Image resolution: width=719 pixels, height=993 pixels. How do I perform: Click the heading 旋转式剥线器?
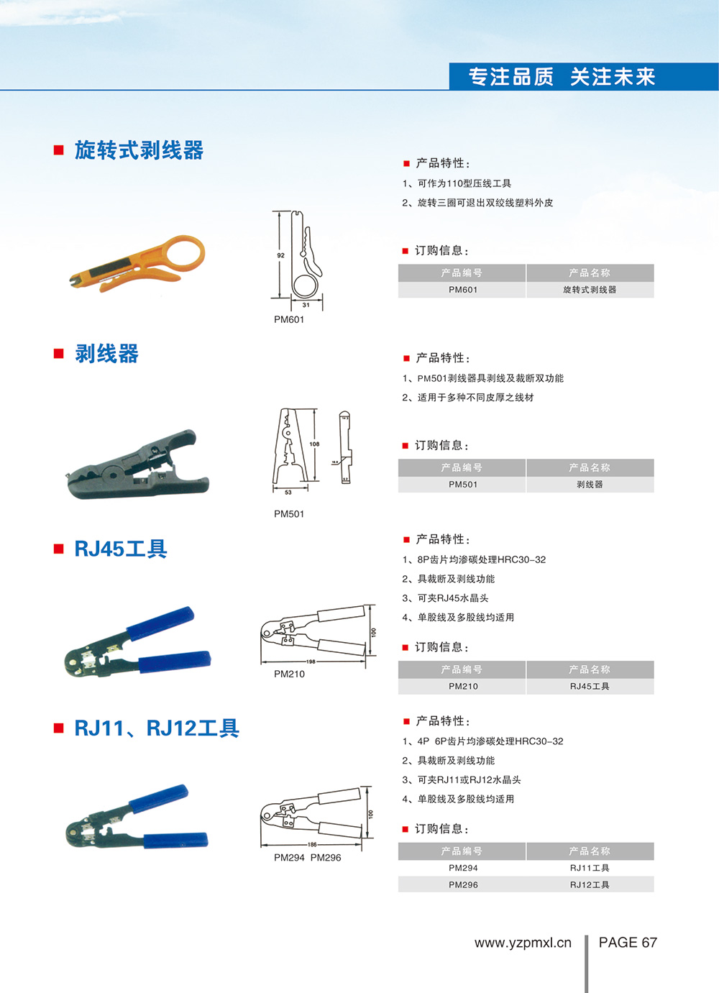139,150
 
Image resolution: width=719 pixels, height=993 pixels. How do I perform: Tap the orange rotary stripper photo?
137,263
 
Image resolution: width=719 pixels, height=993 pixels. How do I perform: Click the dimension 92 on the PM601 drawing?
280,255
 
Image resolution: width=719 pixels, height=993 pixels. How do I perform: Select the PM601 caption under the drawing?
289,319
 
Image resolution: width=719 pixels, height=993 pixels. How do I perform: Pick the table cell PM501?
462,485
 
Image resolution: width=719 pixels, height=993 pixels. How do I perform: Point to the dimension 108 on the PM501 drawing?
314,444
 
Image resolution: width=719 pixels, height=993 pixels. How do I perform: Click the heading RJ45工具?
120,549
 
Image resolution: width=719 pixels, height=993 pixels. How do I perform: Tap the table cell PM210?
462,687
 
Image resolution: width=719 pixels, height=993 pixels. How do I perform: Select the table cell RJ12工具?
590,885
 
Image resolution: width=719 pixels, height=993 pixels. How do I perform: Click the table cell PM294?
462,868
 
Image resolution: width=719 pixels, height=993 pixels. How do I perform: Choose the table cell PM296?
462,885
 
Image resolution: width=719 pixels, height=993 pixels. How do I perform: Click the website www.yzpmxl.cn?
523,943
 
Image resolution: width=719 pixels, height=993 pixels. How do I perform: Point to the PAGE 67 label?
628,943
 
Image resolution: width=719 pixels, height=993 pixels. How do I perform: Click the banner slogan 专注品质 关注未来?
562,77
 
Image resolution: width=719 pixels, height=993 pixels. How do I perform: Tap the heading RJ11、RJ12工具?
157,728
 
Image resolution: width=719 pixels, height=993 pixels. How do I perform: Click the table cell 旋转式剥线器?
590,290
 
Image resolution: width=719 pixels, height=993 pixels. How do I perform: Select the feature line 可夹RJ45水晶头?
452,598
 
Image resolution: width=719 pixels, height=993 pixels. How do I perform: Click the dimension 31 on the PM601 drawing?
306,305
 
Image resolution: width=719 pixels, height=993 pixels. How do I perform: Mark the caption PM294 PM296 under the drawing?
307,858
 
